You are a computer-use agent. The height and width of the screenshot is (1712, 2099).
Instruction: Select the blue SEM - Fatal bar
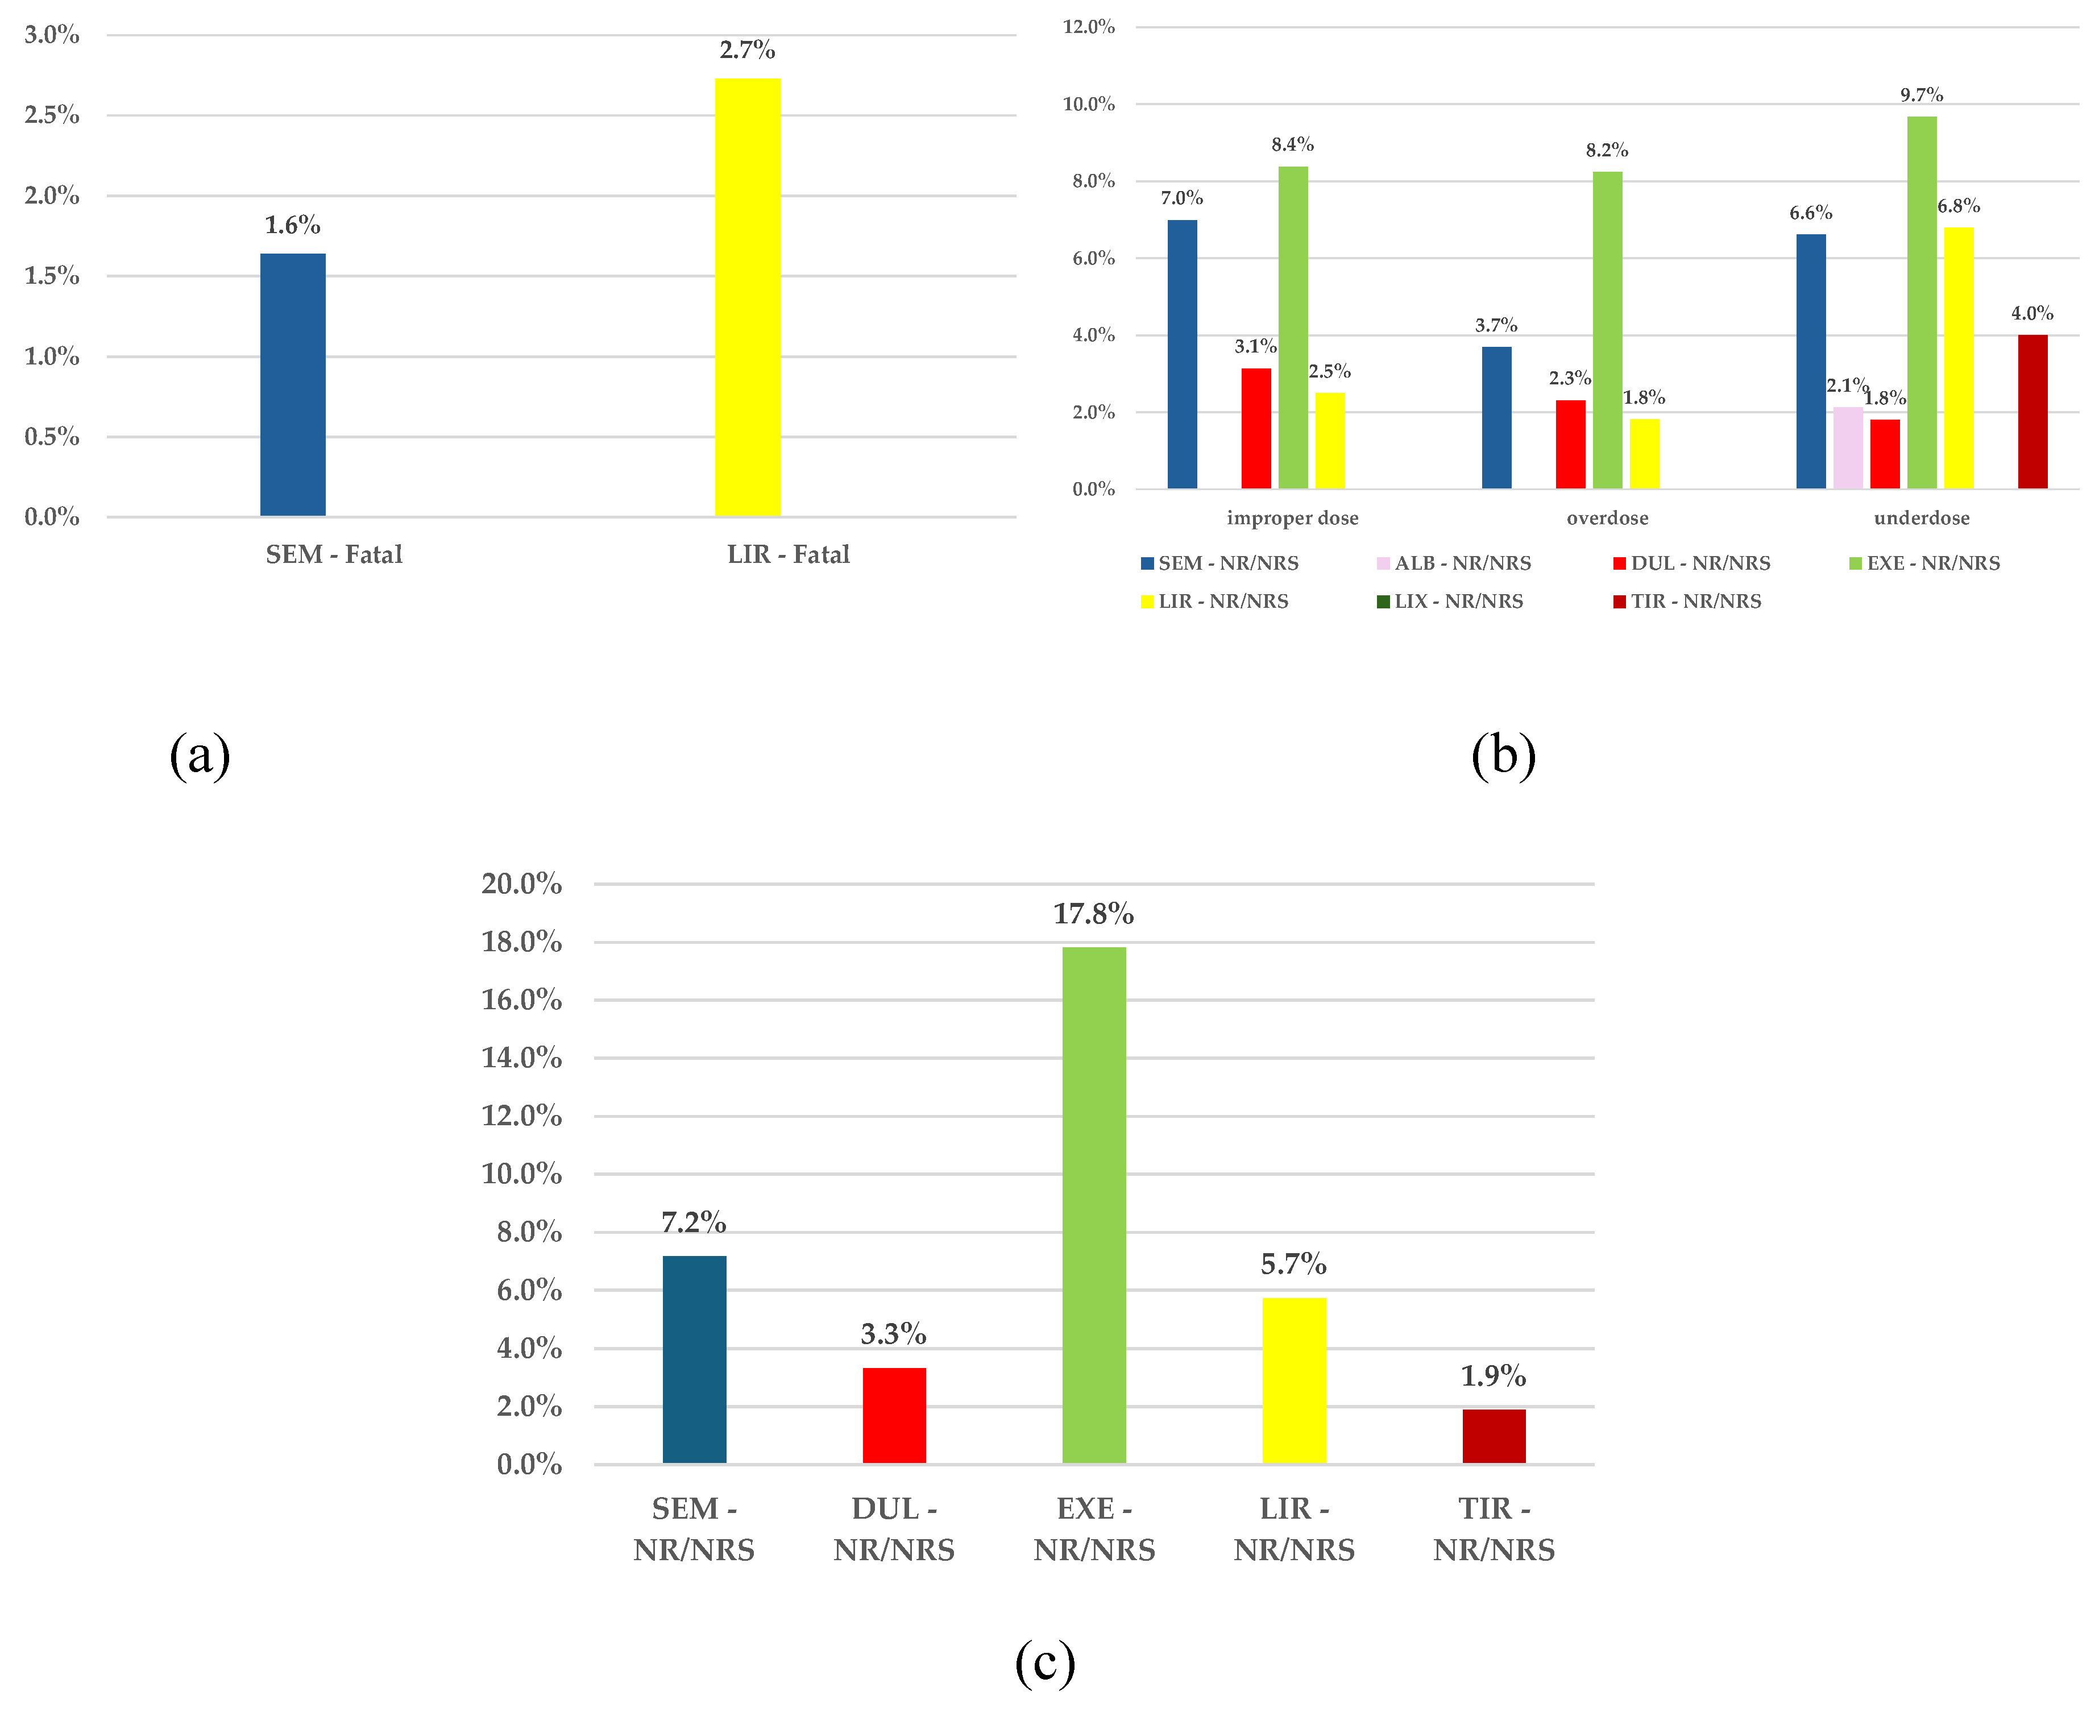click(x=293, y=384)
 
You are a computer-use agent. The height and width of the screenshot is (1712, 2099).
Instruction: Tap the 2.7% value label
click(x=746, y=49)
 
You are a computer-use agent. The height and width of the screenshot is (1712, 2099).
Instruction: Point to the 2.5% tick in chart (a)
click(x=52, y=115)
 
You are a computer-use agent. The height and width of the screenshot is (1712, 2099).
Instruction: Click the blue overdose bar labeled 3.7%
click(x=1496, y=417)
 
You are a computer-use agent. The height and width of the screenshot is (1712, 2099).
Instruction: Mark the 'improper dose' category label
click(x=1292, y=518)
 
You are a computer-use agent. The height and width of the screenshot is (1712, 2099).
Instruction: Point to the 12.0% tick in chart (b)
click(x=1088, y=27)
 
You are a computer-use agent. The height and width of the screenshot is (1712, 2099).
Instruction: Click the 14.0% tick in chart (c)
click(x=521, y=1058)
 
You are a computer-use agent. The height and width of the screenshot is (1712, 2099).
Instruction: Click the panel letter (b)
click(x=1503, y=756)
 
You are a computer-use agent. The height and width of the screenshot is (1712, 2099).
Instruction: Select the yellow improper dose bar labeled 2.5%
click(x=1329, y=440)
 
